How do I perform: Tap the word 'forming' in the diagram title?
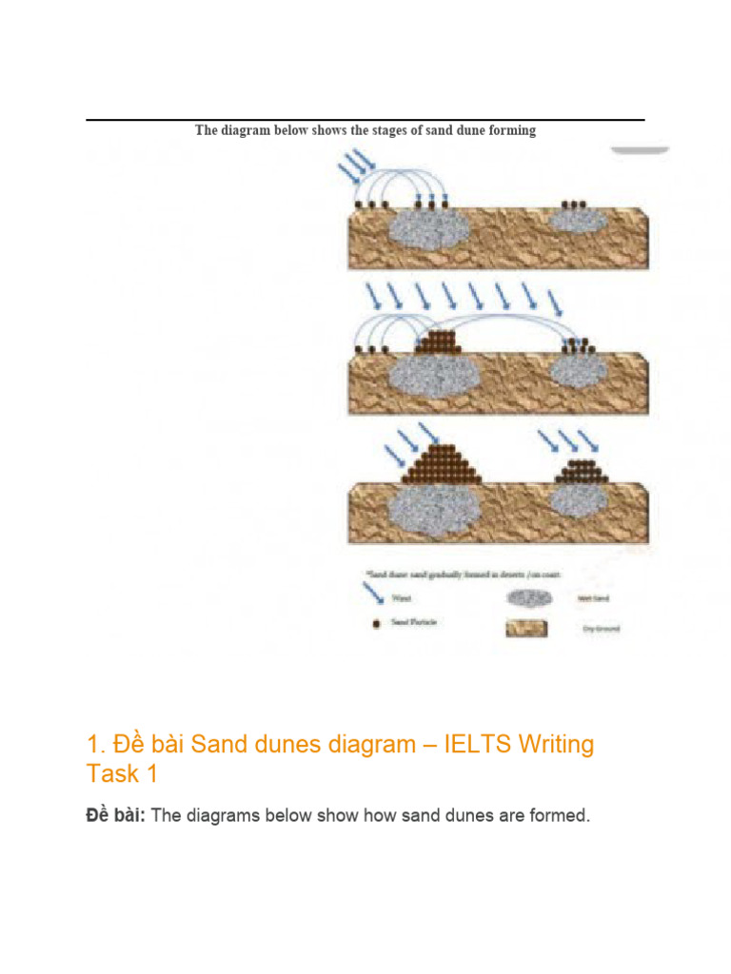511,130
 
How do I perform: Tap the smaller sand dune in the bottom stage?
581,470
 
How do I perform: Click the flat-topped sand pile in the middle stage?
441,341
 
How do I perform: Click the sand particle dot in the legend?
377,624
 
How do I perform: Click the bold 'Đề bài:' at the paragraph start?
116,816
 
